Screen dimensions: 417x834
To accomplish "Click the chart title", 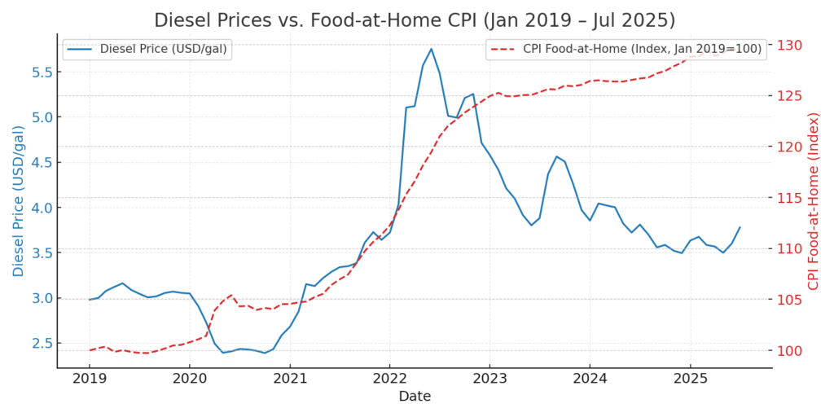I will click(415, 20).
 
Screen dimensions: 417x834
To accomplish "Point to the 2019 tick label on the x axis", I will click(90, 379).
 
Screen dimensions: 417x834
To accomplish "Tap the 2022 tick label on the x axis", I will click(389, 379).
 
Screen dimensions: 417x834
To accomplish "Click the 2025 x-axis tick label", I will click(690, 379).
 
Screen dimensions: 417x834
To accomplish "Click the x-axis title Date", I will click(415, 397).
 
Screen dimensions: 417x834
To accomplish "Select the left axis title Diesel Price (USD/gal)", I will click(19, 200).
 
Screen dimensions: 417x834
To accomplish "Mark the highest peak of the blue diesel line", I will click(431, 48).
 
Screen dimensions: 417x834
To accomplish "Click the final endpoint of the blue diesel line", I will click(740, 227).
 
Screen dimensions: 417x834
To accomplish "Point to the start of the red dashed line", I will click(90, 350).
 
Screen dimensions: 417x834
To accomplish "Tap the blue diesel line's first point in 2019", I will click(90, 300).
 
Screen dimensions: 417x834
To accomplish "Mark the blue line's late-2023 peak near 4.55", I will click(556, 156).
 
